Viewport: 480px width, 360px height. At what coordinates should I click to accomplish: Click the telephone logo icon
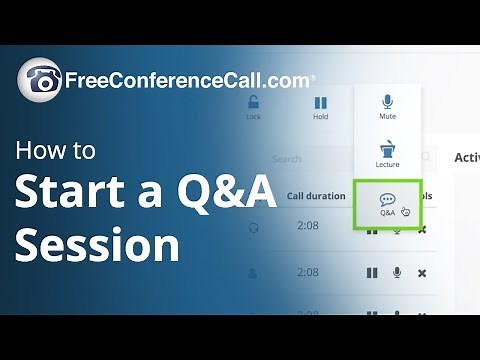[x=39, y=79]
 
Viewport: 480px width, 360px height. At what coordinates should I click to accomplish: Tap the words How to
[x=56, y=152]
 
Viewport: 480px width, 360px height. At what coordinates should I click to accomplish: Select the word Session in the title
[x=97, y=243]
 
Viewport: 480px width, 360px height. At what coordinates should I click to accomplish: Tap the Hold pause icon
[x=321, y=102]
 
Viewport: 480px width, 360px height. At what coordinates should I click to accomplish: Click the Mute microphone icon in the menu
[x=387, y=101]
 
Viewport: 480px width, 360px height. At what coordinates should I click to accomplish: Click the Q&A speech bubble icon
[x=387, y=199]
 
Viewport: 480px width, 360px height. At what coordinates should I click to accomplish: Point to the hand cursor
[x=405, y=211]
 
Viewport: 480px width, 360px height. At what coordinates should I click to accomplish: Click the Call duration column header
[x=316, y=196]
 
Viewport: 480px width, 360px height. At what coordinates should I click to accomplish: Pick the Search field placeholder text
[x=286, y=158]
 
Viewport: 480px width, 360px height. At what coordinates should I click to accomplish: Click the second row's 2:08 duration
[x=308, y=272]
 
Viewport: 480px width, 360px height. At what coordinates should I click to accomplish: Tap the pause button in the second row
[x=372, y=273]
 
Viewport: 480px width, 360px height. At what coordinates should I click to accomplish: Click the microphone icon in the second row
[x=397, y=273]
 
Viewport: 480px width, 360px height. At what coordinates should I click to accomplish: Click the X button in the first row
[x=422, y=230]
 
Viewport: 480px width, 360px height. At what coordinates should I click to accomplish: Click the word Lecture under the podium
[x=387, y=164]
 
